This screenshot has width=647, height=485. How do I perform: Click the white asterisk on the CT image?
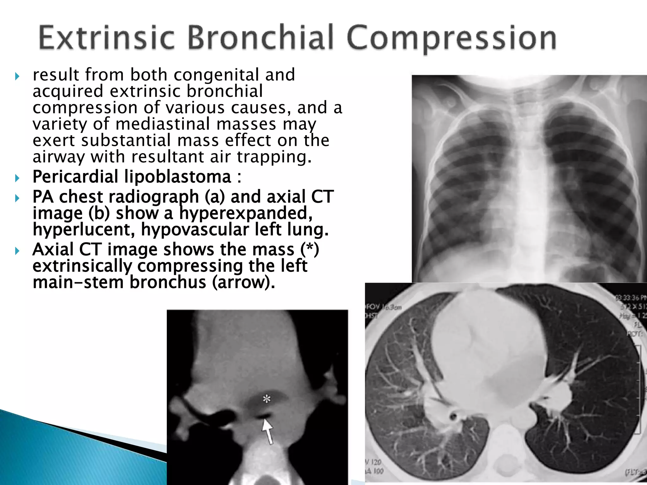click(267, 399)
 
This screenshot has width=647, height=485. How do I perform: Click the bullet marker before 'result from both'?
click(17, 76)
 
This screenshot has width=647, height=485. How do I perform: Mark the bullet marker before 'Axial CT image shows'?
click(17, 251)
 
